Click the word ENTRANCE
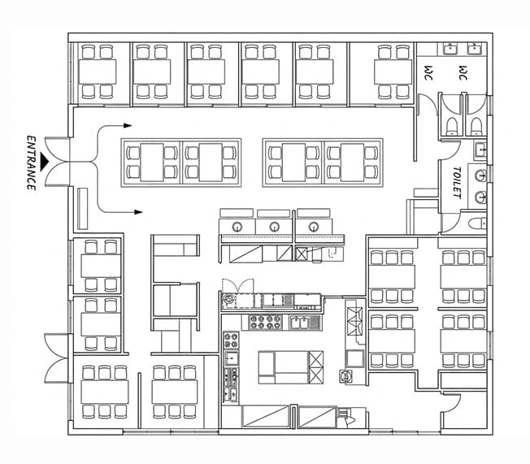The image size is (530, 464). [x=31, y=163]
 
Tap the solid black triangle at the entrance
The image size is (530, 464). [x=44, y=162]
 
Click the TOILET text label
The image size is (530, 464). [x=457, y=183]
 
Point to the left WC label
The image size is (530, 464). [x=428, y=72]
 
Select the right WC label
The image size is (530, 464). [x=463, y=72]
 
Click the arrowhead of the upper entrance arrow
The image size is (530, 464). [x=128, y=126]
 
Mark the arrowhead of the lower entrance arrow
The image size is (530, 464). [x=138, y=212]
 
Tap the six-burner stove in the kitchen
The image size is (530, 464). [x=265, y=322]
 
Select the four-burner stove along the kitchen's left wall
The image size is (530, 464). [x=231, y=340]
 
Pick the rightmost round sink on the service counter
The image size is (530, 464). [x=314, y=227]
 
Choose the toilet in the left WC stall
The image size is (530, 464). [x=452, y=127]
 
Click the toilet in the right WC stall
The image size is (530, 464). [x=476, y=127]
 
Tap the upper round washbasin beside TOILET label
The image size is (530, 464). [x=480, y=176]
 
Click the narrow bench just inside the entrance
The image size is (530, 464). [x=82, y=209]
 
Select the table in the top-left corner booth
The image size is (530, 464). [x=98, y=72]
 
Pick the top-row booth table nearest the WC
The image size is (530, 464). [x=393, y=72]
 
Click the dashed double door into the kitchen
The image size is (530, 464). [x=237, y=286]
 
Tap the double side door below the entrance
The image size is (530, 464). [x=58, y=358]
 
